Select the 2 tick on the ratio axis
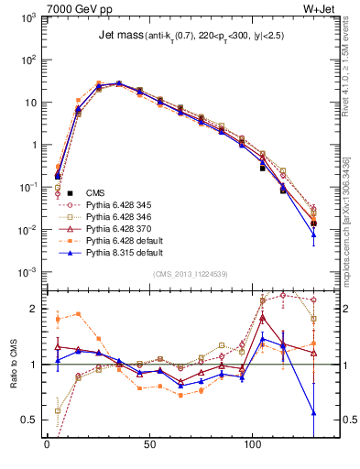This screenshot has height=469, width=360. tap(34, 310)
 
